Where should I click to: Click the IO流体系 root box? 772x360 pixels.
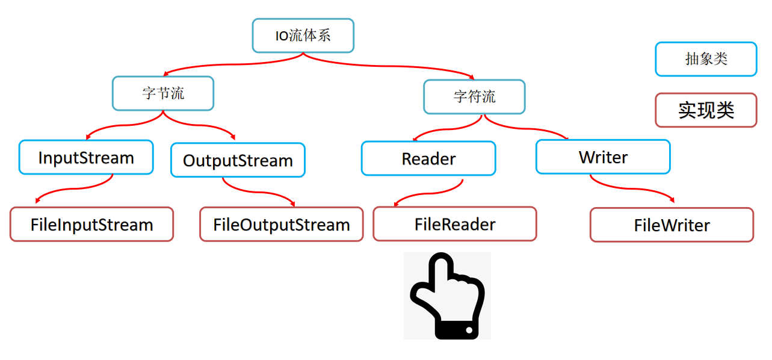[x=303, y=36]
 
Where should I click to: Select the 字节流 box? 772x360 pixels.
[x=163, y=93]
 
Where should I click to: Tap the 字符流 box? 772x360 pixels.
[x=474, y=96]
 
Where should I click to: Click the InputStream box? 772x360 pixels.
[x=86, y=158]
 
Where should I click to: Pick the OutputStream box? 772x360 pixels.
[x=238, y=160]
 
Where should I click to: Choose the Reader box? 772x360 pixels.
[x=428, y=158]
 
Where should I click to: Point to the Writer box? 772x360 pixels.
[x=603, y=157]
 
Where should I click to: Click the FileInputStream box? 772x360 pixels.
[x=91, y=225]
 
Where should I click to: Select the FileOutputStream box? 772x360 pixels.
[x=282, y=225]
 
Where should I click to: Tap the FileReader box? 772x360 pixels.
[x=455, y=224]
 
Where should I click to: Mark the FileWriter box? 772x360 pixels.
[x=672, y=225]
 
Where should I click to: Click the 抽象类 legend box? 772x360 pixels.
[x=706, y=59]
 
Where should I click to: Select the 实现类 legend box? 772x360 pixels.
[x=706, y=110]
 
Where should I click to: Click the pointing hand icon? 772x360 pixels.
[x=447, y=296]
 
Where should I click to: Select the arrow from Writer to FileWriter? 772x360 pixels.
[x=632, y=188]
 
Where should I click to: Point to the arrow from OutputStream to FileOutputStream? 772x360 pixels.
[x=259, y=191]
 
